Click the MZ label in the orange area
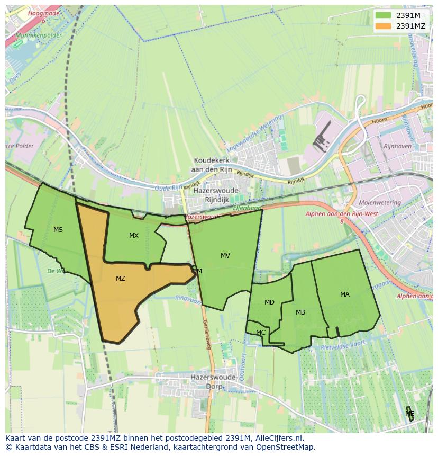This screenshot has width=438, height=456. click(x=121, y=278)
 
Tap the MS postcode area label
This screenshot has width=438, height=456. click(x=58, y=229)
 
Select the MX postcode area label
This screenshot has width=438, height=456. click(x=134, y=235)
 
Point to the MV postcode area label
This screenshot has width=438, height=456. click(x=225, y=255)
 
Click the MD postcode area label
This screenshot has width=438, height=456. click(x=269, y=302)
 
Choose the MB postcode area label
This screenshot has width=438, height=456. click(x=300, y=312)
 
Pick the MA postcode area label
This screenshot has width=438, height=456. click(x=345, y=294)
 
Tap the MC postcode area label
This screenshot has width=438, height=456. click(x=261, y=333)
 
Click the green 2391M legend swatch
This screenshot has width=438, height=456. click(x=382, y=15)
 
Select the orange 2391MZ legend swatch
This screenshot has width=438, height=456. click(x=382, y=26)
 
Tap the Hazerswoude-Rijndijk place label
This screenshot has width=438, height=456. click(x=217, y=195)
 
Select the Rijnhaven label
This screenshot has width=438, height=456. click(x=397, y=146)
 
